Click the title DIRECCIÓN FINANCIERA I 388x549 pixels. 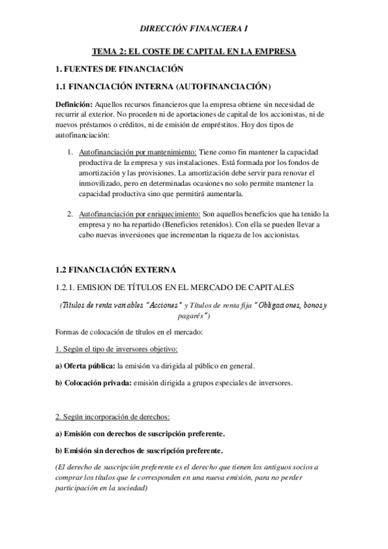pos(194,28)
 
